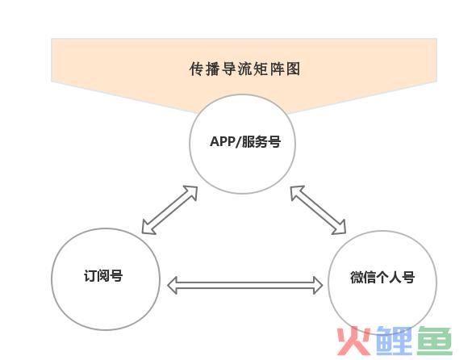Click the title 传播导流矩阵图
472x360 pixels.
coord(244,69)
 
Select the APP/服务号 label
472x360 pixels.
coord(245,141)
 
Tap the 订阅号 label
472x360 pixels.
coord(103,275)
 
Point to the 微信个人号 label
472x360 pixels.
coord(382,277)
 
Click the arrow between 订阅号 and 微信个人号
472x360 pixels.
coord(244,285)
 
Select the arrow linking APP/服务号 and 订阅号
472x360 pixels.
coord(169,210)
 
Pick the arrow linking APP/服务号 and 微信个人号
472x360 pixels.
coord(318,210)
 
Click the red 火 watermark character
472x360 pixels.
coord(354,341)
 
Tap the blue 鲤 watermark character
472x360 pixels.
coord(394,341)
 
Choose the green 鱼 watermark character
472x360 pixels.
coord(434,341)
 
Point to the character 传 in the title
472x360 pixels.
coord(197,69)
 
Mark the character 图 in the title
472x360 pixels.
coord(293,69)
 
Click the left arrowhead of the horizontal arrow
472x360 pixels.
coord(172,285)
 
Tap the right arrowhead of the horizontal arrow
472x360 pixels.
coord(318,285)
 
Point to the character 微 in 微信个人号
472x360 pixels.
coord(357,277)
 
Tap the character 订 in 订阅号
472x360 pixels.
coord(90,275)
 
